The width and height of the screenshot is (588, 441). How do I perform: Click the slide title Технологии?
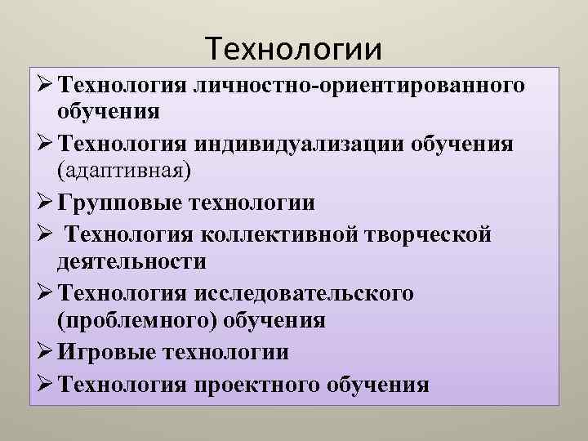click(294, 49)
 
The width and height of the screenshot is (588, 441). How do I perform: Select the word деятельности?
click(131, 261)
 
